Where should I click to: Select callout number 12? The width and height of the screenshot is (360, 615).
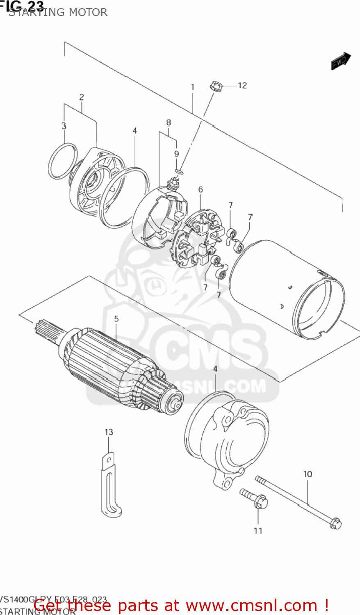coord(242,85)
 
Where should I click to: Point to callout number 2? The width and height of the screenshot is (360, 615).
coord(82,97)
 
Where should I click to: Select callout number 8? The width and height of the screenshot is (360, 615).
coord(168,122)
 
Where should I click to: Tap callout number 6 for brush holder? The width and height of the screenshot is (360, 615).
coord(201,189)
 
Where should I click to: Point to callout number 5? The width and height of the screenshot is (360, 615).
coord(116,319)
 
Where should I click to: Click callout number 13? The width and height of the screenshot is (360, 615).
coord(109,432)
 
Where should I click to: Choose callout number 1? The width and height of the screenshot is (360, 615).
coord(192,87)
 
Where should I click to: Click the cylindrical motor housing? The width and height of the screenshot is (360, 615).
coord(287,287)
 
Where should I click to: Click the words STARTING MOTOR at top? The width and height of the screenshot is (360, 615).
coord(58,12)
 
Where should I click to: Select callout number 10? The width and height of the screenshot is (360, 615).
coord(308,474)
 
